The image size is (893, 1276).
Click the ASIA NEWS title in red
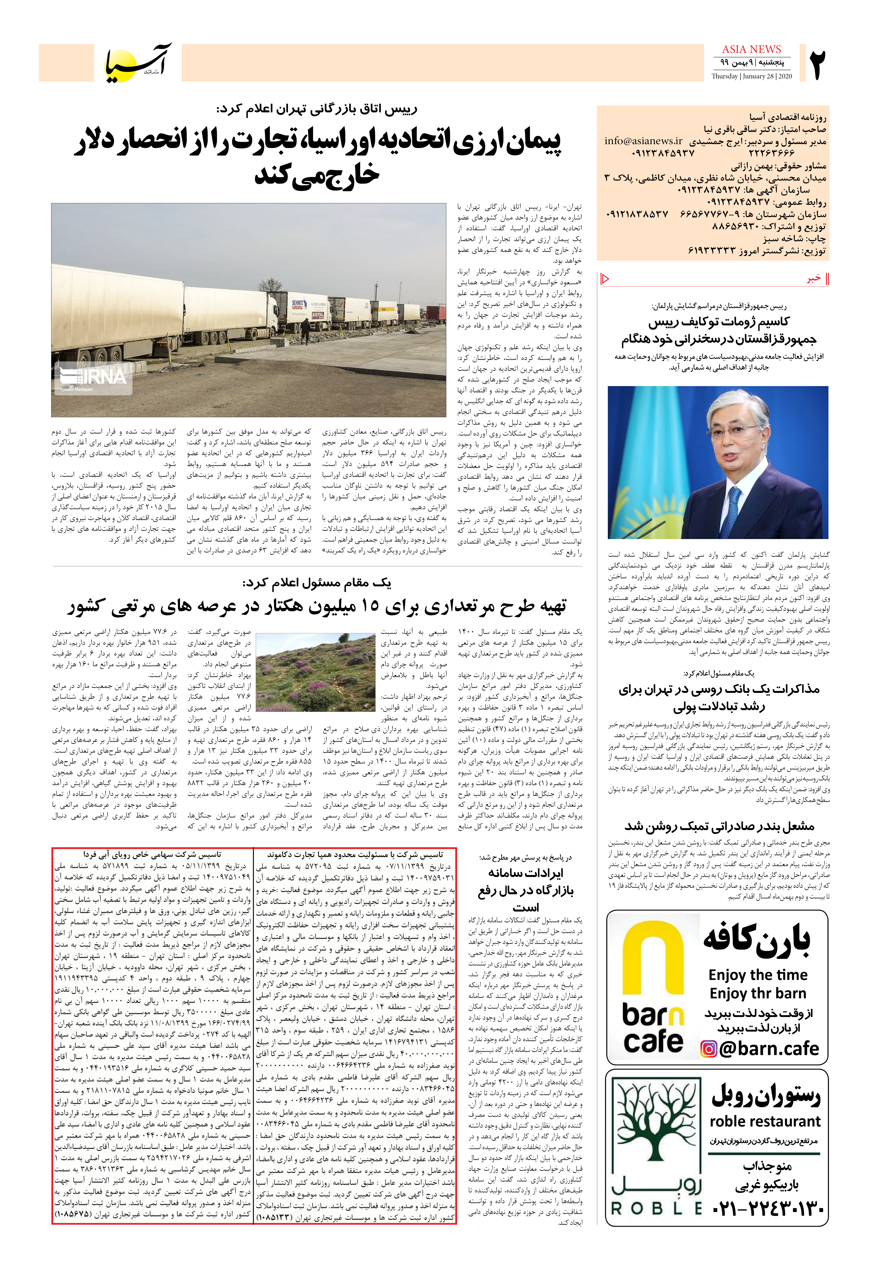[751, 49]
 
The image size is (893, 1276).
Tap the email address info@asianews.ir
[644, 141]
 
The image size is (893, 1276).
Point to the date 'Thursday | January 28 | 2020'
[751, 76]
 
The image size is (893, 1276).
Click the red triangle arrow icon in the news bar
[606, 278]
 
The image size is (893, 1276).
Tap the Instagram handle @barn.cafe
[769, 1049]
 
